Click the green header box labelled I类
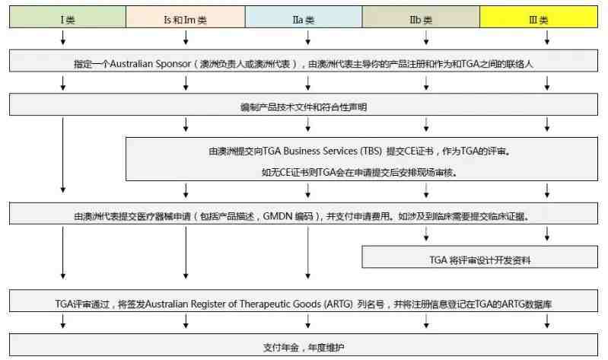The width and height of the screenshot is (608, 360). click(x=68, y=17)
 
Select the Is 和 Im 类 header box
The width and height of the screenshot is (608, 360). click(x=186, y=17)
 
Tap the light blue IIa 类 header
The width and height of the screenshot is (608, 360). click(x=304, y=17)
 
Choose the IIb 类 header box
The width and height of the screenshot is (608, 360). click(x=421, y=17)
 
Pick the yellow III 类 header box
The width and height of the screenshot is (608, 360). click(x=539, y=17)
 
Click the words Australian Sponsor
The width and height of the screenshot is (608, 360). click(x=151, y=64)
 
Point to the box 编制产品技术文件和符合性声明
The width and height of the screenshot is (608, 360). click(x=304, y=104)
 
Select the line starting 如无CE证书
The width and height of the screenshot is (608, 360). click(x=359, y=172)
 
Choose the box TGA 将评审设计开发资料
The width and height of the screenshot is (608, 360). click(x=479, y=256)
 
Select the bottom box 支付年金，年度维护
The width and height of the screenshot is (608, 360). click(x=304, y=345)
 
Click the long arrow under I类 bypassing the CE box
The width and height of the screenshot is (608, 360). click(x=63, y=155)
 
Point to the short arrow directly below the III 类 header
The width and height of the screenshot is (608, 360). click(x=546, y=37)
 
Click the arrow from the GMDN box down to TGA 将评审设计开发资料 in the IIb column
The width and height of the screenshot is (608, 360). click(x=426, y=234)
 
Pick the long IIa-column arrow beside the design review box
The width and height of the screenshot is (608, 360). click(x=308, y=253)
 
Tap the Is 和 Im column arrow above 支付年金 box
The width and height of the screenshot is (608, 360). click(x=186, y=321)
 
